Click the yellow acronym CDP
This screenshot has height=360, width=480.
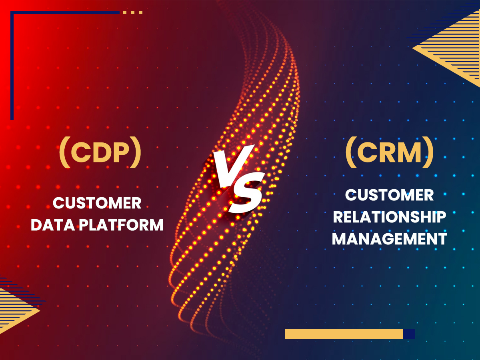(x=100, y=152)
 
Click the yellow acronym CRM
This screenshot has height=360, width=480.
(x=389, y=152)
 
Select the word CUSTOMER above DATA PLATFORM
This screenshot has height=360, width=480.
(x=97, y=203)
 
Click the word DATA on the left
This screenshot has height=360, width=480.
(x=53, y=225)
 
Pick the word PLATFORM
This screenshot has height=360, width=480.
(x=121, y=225)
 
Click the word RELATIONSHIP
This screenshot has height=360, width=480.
(x=390, y=217)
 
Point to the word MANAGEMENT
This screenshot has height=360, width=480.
(x=390, y=239)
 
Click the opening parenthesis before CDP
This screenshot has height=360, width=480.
(x=65, y=152)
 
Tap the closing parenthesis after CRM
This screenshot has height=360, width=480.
(x=428, y=152)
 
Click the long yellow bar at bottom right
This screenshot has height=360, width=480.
(x=344, y=334)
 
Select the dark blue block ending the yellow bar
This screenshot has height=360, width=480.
(x=409, y=334)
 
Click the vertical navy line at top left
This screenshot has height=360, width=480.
(x=12, y=65)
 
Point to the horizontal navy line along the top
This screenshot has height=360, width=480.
(x=65, y=12)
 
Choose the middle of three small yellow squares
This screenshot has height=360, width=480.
(x=133, y=12)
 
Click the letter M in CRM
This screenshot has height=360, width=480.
(x=408, y=152)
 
